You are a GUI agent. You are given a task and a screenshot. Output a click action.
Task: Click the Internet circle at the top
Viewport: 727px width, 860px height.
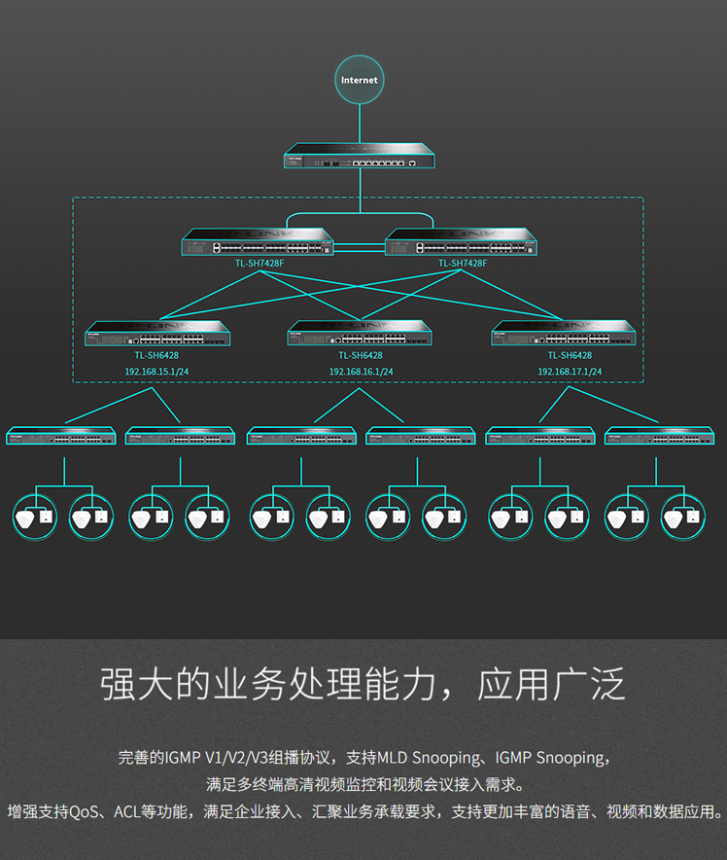[359, 80]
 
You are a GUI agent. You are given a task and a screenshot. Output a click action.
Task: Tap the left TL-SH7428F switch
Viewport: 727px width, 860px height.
[258, 242]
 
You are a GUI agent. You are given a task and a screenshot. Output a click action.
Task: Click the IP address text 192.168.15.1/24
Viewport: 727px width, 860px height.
[156, 372]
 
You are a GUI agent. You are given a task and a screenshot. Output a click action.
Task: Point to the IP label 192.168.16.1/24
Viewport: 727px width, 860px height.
[361, 372]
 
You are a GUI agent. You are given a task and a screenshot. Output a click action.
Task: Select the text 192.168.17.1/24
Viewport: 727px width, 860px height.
[570, 372]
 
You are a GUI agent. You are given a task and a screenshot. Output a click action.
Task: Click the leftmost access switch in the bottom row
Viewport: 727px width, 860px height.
[60, 437]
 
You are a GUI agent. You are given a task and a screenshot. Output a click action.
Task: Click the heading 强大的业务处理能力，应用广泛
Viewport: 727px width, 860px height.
[363, 685]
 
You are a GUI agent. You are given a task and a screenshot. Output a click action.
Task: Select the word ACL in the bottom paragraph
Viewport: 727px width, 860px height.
[127, 810]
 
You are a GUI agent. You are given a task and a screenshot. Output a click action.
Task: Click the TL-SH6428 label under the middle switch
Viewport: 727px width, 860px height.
[361, 356]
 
